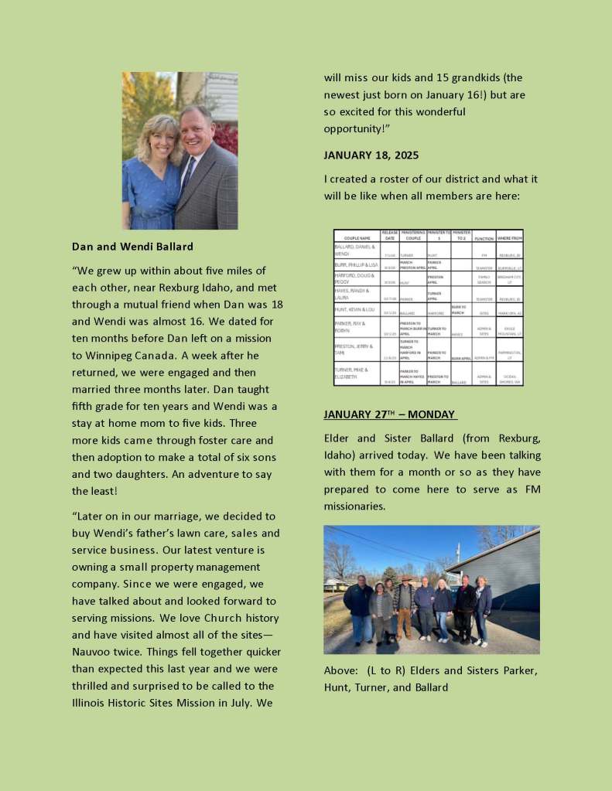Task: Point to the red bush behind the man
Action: tap(226, 139)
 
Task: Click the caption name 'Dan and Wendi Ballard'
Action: tap(132, 247)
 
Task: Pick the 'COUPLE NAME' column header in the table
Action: tap(356, 238)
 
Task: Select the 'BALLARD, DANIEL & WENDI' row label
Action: tap(355, 250)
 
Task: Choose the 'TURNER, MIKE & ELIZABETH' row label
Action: tap(355, 373)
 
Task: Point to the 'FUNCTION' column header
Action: tap(484, 238)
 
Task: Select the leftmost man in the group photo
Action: tap(358, 607)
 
